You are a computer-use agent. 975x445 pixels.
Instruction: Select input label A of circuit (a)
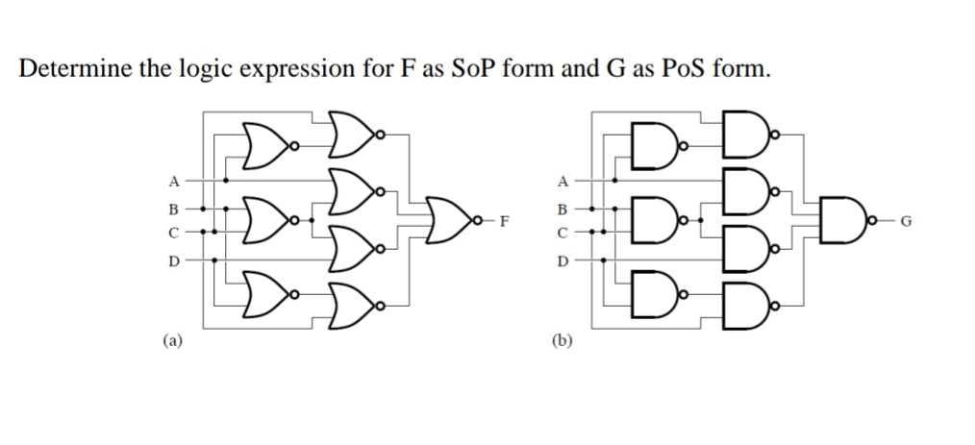click(x=173, y=180)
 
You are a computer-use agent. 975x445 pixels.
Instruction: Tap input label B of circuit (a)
click(x=173, y=207)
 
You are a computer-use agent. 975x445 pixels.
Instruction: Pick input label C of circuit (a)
click(x=173, y=232)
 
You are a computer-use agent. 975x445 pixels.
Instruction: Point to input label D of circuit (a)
click(x=173, y=260)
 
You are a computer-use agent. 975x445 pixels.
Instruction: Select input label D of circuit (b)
click(x=564, y=260)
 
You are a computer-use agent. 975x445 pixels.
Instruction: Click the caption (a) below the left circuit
click(x=171, y=338)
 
